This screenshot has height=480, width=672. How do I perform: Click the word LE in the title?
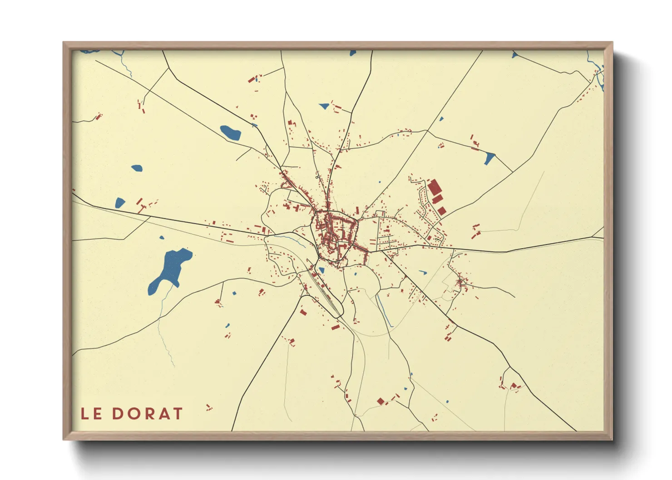pyautogui.click(x=91, y=414)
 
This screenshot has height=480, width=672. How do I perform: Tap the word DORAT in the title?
pyautogui.click(x=147, y=414)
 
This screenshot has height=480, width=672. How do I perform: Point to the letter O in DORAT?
pyautogui.click(x=132, y=414)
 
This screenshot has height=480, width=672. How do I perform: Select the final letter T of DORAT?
pyautogui.click(x=177, y=414)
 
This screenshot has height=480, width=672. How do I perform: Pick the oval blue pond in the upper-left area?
pyautogui.click(x=231, y=132)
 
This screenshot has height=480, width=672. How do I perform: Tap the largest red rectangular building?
pyautogui.click(x=434, y=187)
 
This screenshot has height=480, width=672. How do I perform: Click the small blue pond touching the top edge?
pyautogui.click(x=353, y=53)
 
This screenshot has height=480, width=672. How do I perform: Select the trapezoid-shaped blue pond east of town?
pyautogui.click(x=489, y=158)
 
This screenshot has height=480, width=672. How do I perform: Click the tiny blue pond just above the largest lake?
pyautogui.click(x=161, y=237)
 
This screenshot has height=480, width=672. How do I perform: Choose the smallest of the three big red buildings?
pyautogui.click(x=441, y=211)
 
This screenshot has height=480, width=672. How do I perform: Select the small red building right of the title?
pyautogui.click(x=208, y=407)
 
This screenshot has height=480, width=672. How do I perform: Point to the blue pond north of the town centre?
pyautogui.click(x=324, y=106)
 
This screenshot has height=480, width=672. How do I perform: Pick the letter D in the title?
pyautogui.click(x=117, y=414)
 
